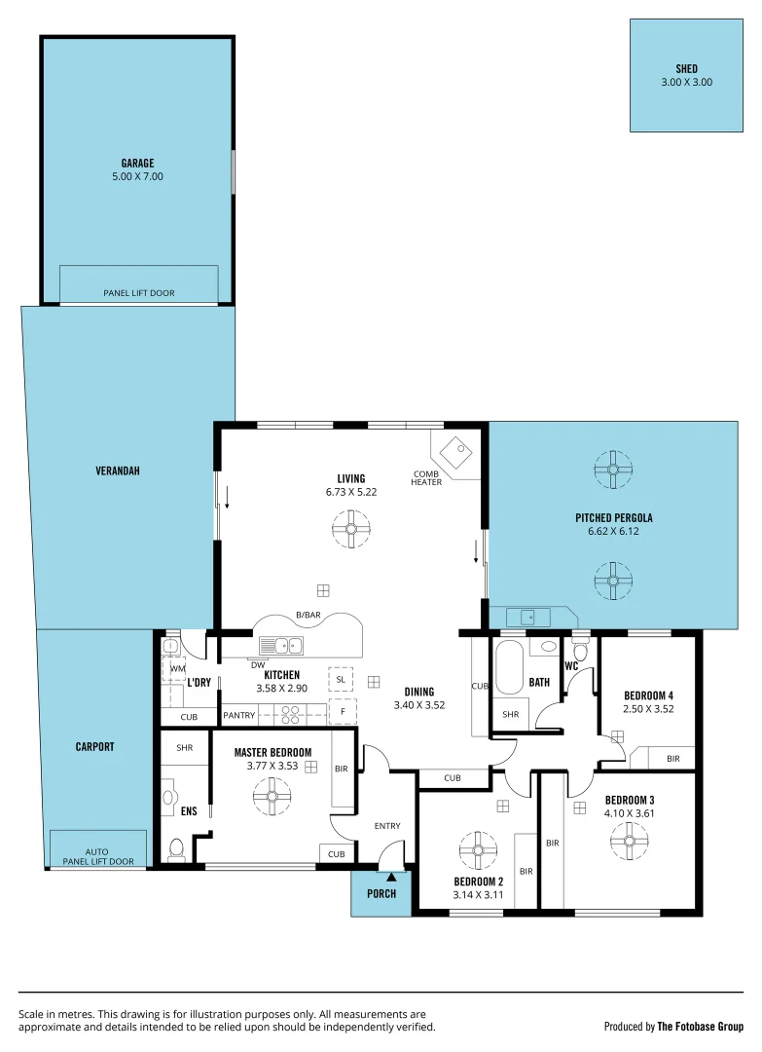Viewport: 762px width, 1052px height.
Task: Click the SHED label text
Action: click(x=686, y=69)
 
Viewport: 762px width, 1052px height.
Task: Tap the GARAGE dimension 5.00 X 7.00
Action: click(x=137, y=177)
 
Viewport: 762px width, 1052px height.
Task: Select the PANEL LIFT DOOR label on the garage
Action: click(x=139, y=292)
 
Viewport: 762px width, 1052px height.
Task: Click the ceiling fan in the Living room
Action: click(x=351, y=530)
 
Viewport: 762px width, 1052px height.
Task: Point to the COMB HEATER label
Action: click(x=426, y=477)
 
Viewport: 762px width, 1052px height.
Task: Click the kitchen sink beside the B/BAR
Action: click(x=280, y=645)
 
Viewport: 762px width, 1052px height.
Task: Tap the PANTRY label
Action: click(x=238, y=716)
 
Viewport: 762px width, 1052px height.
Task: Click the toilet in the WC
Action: click(x=581, y=650)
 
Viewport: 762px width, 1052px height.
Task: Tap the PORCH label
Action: click(x=381, y=893)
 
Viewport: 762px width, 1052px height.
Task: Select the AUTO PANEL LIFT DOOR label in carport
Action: click(x=96, y=855)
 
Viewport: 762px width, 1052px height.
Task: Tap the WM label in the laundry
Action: click(x=177, y=669)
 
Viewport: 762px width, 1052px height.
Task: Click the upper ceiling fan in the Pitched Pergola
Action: click(x=613, y=470)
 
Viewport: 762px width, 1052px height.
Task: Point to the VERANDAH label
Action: click(x=118, y=470)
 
